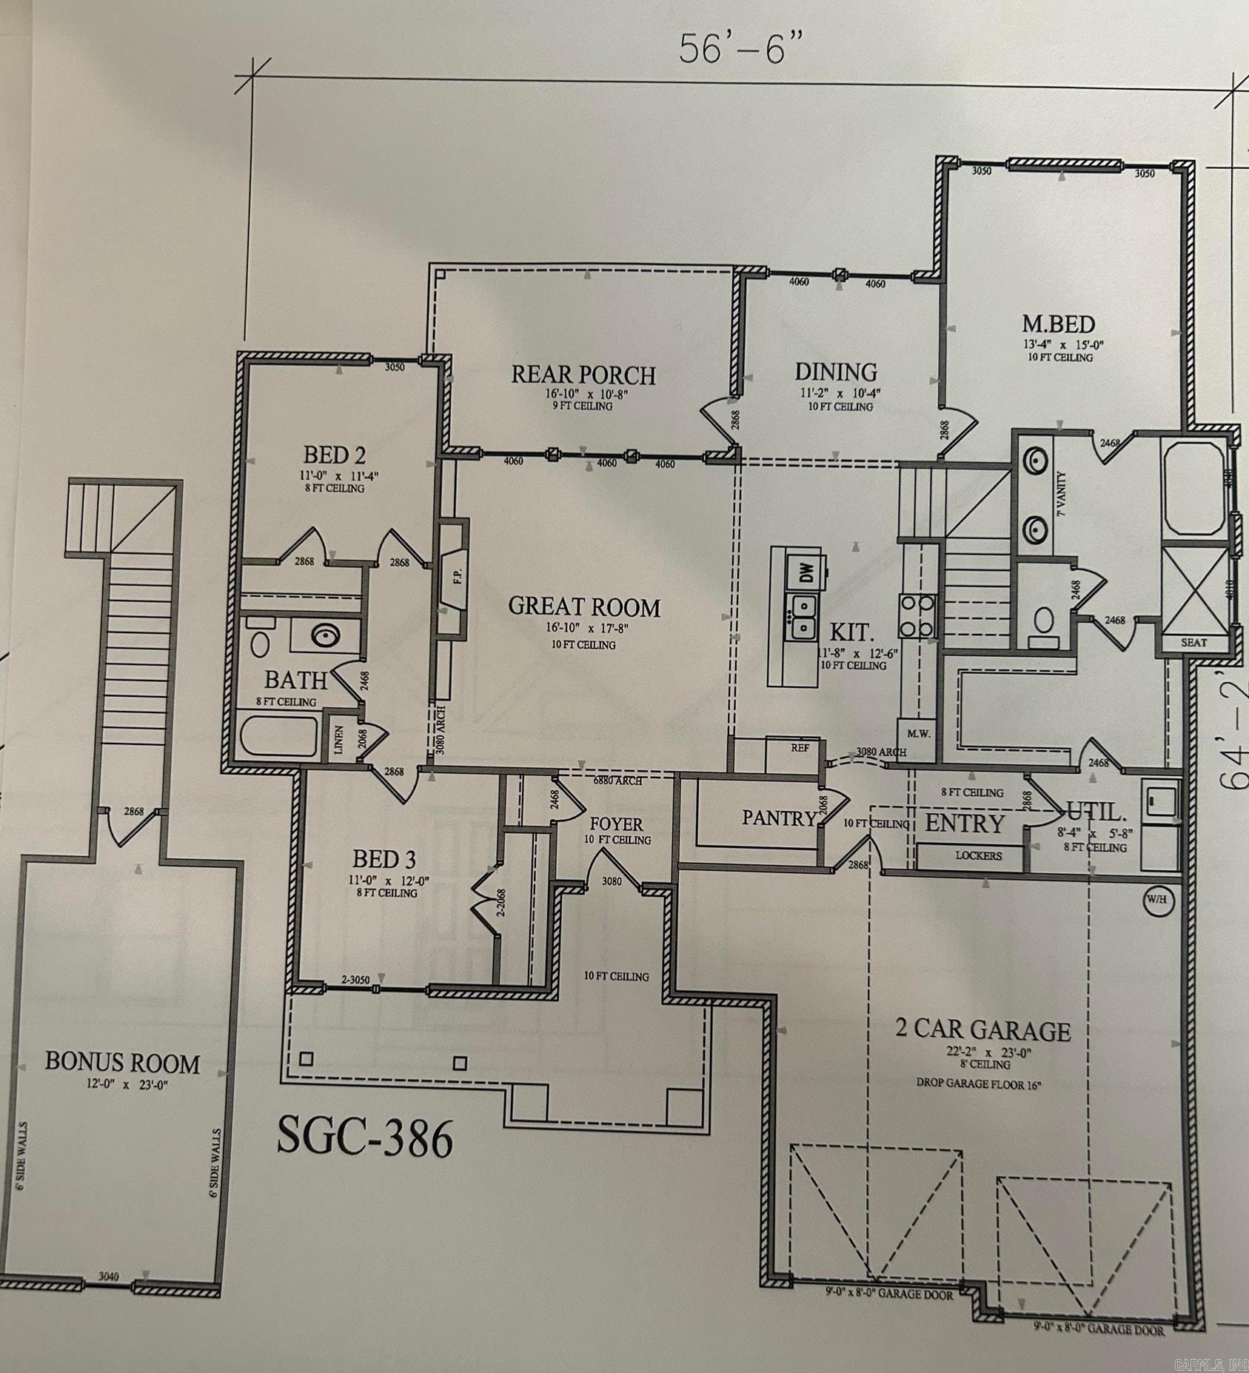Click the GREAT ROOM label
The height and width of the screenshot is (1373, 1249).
(584, 607)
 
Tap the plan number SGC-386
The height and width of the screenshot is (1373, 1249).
(364, 1138)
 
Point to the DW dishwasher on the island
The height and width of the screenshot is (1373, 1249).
(807, 572)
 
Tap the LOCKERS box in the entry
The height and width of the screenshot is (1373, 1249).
(978, 855)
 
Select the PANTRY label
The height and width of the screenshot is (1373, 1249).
(778, 818)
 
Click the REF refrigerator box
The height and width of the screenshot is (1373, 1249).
(800, 748)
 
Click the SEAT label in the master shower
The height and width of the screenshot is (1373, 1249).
(1193, 643)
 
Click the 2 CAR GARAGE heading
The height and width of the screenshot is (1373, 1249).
(983, 1030)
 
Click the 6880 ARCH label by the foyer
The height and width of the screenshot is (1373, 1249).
(618, 781)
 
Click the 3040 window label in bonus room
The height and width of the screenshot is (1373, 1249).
(110, 1276)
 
